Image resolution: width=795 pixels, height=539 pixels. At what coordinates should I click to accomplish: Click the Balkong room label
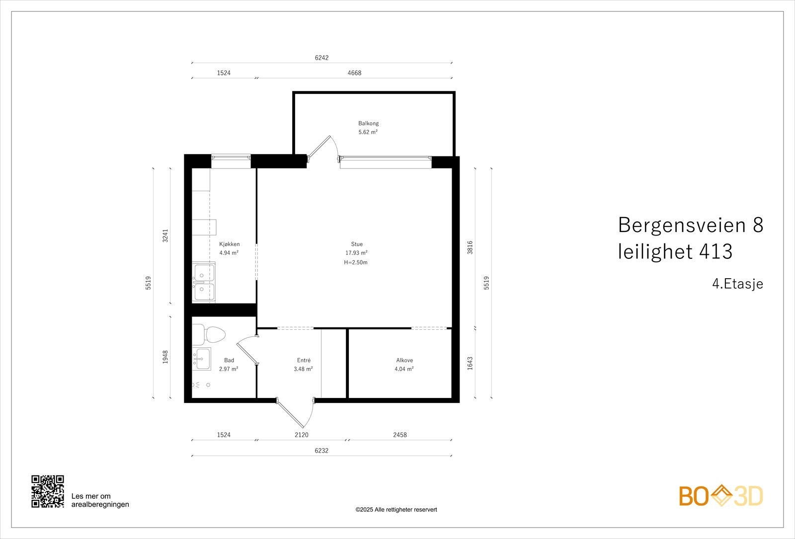[368, 123]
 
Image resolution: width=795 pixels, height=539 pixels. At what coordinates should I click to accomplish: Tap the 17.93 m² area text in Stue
[356, 253]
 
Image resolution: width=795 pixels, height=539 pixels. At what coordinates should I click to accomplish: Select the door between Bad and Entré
[246, 350]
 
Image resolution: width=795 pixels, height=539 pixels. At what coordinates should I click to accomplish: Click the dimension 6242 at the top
[321, 58]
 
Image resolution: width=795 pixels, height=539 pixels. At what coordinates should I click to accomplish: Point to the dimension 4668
[354, 73]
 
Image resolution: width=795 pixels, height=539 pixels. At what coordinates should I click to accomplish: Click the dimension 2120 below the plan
[301, 435]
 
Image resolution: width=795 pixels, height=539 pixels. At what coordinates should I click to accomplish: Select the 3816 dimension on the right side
[470, 247]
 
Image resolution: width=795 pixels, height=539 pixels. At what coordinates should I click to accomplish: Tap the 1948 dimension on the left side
[165, 357]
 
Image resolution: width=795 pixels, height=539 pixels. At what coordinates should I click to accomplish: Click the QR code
[48, 491]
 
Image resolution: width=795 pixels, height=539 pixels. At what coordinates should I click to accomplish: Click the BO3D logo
[720, 496]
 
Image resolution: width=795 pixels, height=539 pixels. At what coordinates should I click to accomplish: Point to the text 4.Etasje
[737, 284]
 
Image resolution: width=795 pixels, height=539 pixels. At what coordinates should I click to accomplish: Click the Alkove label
[404, 360]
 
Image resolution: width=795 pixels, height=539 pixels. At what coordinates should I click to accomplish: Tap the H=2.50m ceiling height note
[356, 262]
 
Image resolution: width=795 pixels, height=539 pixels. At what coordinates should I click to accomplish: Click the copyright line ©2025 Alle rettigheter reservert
[396, 510]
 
